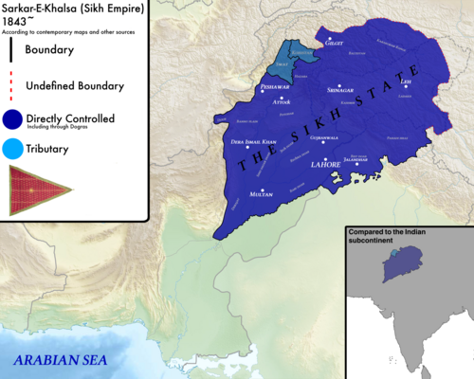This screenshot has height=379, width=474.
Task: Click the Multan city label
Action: click(261, 192)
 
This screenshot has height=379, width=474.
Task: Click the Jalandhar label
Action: click(359, 159)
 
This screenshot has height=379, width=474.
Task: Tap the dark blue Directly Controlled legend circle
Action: click(13, 118)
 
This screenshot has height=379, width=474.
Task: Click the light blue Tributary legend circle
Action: click(13, 149)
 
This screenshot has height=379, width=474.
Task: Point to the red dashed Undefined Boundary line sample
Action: click(12, 84)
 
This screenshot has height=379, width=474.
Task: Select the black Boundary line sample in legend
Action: click(12, 49)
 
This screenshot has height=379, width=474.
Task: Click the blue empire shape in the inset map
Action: click(399, 266)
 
